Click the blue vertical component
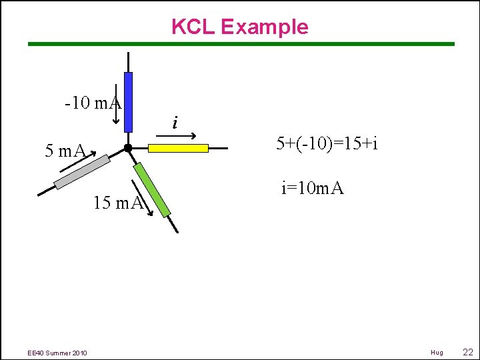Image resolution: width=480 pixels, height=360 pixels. tap(128, 101)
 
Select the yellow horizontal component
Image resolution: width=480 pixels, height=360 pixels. tap(178, 148)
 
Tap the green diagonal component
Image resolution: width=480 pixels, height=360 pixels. tap(152, 189)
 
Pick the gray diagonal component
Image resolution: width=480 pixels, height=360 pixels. tap(82, 172)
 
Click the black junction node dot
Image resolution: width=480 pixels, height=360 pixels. tap(127, 148)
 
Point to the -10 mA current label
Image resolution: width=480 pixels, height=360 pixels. tap(93, 103)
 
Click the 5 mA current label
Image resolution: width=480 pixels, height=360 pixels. tap(65, 151)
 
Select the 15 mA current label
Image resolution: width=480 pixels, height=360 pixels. tap(119, 203)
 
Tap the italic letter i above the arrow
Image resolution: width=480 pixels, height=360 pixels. tap(175, 123)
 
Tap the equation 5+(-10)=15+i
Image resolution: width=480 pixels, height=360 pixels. tap(327, 143)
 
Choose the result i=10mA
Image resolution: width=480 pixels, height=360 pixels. tap(312, 188)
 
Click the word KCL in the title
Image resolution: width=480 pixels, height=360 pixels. tap(193, 27)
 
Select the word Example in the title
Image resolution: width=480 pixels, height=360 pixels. tap(264, 27)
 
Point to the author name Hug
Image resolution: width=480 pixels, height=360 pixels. tap(437, 352)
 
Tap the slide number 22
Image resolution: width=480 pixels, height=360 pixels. tap(467, 351)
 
